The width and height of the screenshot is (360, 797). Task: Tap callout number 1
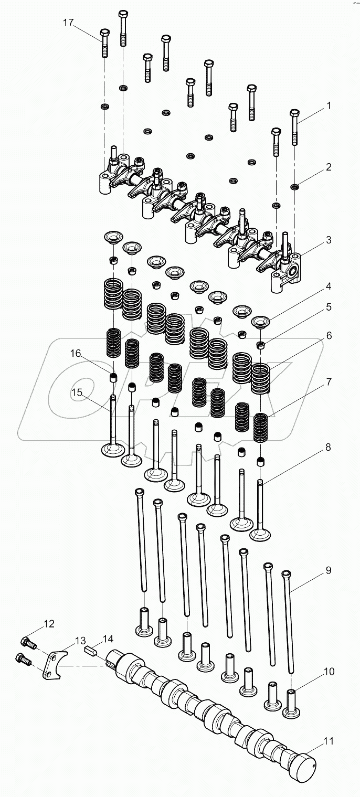coord(329,105)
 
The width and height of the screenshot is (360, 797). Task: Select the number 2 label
coord(329,168)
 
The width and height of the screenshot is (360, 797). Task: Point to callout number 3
coord(329,240)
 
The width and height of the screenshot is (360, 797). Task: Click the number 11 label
coord(329,741)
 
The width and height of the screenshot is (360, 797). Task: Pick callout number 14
coord(108,639)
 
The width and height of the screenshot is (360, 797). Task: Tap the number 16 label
coord(77,353)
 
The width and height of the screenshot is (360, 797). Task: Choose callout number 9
coord(329,570)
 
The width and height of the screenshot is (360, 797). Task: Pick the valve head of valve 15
coord(113,450)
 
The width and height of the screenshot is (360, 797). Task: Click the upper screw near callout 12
coord(27,641)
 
